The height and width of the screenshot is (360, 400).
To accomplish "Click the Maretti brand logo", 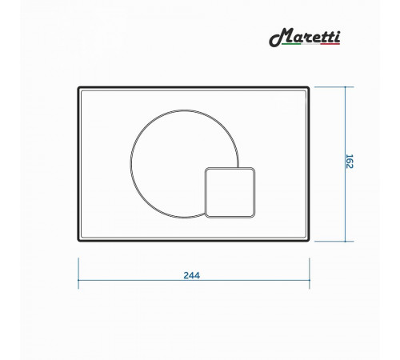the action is point(305,38).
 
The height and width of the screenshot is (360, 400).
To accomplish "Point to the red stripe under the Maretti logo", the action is point(330,43).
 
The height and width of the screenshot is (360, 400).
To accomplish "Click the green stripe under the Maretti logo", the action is point(291,43).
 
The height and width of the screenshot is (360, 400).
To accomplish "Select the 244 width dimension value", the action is point(191,275).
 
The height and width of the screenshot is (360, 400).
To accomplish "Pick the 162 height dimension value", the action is point(350,162).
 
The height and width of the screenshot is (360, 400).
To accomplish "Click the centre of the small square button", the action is point(230,193).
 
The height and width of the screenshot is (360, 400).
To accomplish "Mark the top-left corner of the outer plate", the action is point(78,87).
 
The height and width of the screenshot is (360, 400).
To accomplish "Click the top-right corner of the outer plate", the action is point(309,87).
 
